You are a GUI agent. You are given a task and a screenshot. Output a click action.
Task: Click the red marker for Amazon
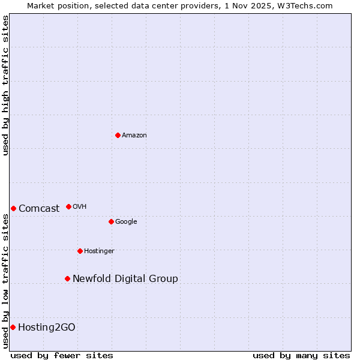118,135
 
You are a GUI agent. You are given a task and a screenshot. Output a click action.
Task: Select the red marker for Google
111,221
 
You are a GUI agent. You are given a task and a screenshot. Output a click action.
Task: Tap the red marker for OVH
68,206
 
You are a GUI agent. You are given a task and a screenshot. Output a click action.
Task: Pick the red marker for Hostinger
80,251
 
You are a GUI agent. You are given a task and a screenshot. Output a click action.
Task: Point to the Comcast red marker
13,208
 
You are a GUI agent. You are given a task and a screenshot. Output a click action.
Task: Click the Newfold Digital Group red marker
67,278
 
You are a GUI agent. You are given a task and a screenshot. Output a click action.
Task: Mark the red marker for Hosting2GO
13,327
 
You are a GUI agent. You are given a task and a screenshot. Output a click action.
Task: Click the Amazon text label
134,136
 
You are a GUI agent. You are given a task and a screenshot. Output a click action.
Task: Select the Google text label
126,222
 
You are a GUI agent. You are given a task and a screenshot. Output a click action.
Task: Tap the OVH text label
80,207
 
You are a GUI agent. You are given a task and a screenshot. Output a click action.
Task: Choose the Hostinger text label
99,251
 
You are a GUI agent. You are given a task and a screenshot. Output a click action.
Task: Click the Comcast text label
39,209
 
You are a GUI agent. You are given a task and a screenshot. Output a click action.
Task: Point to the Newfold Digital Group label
125,279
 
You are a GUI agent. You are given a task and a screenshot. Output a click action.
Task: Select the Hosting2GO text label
47,328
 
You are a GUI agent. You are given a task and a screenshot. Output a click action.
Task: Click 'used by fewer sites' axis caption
62,356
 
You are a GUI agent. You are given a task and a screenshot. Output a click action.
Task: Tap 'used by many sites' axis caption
301,356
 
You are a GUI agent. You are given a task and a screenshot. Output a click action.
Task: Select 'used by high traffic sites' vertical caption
6,85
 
